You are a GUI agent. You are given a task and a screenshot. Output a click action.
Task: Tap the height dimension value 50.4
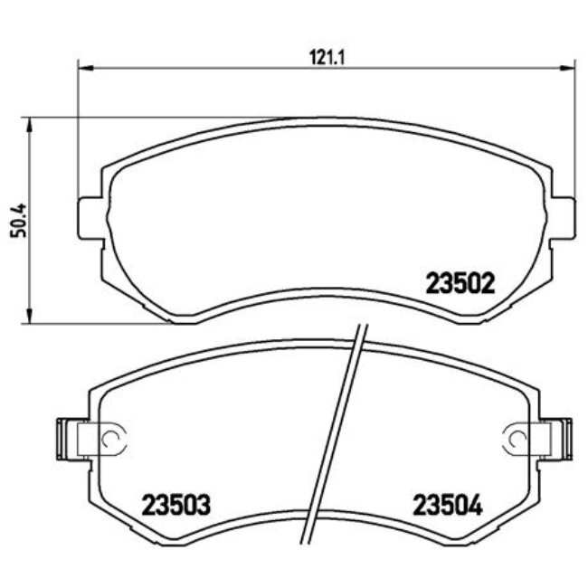point(15,220)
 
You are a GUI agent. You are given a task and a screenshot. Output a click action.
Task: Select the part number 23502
point(459,284)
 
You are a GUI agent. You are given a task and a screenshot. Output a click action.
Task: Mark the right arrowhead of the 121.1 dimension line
point(567,66)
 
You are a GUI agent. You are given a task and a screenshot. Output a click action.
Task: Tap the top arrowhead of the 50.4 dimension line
point(32,124)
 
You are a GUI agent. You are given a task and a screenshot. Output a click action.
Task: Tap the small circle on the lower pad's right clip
point(519,439)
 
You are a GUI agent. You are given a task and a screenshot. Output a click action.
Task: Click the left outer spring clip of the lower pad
point(66,438)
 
